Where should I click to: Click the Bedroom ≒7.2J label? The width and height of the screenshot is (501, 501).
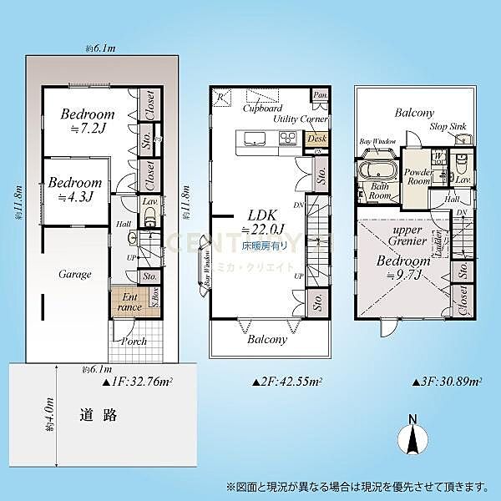point(87,122)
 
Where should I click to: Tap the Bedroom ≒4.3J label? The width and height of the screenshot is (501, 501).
point(73,190)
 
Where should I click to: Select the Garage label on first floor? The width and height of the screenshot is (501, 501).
point(74,274)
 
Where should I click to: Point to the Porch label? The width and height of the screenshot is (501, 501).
point(134,342)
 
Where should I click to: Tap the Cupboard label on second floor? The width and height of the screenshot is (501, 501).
point(261,109)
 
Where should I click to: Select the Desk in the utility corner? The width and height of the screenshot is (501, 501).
point(316,139)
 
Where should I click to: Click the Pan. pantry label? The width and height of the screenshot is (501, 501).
point(319,96)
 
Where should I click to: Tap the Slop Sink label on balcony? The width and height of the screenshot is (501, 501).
point(448,126)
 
